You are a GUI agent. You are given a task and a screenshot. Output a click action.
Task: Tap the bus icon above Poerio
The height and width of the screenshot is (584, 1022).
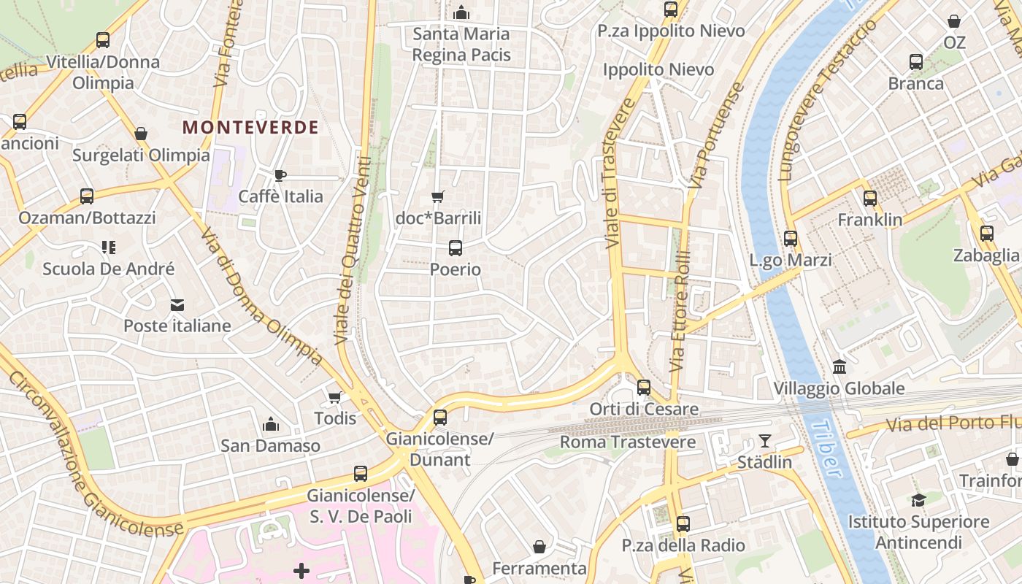pyautogui.click(x=456, y=248)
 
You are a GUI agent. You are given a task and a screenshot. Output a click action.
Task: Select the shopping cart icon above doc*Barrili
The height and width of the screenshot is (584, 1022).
pyautogui.click(x=438, y=196)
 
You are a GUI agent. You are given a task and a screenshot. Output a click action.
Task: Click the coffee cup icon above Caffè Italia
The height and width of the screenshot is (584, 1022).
pyautogui.click(x=280, y=175)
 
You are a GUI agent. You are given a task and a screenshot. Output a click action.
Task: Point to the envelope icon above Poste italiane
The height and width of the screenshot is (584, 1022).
pyautogui.click(x=177, y=304)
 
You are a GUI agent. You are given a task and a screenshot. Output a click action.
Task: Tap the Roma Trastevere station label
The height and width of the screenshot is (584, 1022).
pyautogui.click(x=628, y=442)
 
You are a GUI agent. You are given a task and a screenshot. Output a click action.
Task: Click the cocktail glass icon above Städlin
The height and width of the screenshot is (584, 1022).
pyautogui.click(x=764, y=441)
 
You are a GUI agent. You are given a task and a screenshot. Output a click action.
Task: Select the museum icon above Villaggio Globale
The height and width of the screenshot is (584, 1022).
pyautogui.click(x=839, y=366)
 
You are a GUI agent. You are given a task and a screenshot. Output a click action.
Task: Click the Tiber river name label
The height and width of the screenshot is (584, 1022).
pyautogui.click(x=826, y=448)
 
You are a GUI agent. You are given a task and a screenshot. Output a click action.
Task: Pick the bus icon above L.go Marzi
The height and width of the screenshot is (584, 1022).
pyautogui.click(x=790, y=239)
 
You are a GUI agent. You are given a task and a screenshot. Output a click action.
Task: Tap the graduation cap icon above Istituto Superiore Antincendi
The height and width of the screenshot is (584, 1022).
pyautogui.click(x=918, y=500)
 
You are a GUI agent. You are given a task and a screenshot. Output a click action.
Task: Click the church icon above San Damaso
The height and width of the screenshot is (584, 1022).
pyautogui.click(x=271, y=424)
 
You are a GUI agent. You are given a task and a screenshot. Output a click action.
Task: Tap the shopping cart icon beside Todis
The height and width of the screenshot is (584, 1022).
pyautogui.click(x=334, y=397)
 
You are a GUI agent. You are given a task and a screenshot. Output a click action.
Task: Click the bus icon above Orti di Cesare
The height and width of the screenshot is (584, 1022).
pyautogui.click(x=643, y=388)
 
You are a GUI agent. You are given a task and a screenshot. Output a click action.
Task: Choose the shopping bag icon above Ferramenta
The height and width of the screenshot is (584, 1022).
pyautogui.click(x=539, y=547)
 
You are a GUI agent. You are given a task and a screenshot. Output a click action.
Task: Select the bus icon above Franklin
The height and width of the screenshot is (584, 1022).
pyautogui.click(x=869, y=199)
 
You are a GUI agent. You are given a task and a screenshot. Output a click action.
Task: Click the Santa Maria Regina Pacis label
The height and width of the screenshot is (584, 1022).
pyautogui.click(x=461, y=44)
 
